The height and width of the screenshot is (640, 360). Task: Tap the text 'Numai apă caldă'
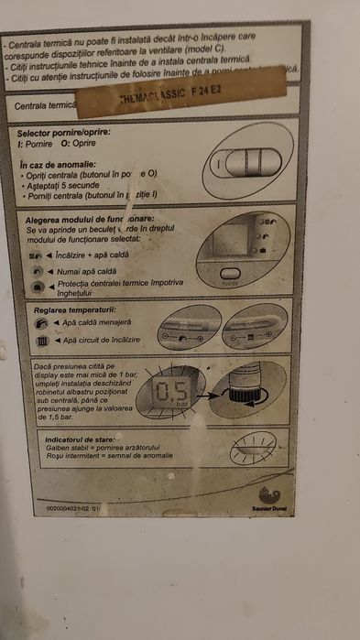87,273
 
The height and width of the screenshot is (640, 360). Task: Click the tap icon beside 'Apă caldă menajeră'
43,324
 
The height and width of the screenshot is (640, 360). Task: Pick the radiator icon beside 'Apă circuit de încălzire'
43,341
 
